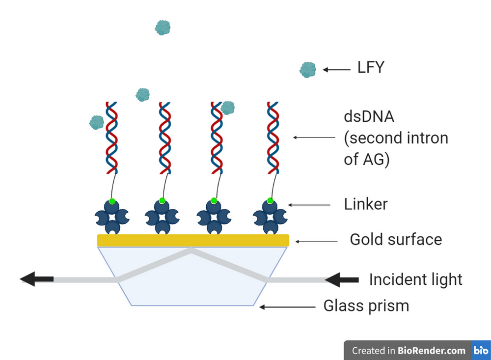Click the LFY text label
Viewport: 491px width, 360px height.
pyautogui.click(x=370, y=67)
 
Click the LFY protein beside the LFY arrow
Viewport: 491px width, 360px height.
pyautogui.click(x=308, y=70)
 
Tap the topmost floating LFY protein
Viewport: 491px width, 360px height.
pyautogui.click(x=163, y=28)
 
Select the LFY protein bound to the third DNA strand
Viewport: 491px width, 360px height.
pyautogui.click(x=227, y=108)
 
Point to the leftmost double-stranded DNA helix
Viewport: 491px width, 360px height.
pyautogui.click(x=112, y=138)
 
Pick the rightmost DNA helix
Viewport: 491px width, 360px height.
pyautogui.click(x=273, y=138)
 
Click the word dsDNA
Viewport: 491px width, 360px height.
pyautogui.click(x=369, y=118)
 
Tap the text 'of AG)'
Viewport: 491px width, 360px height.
pyautogui.click(x=366, y=160)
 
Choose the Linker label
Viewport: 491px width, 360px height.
pyautogui.click(x=365, y=204)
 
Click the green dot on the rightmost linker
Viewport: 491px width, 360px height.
pyautogui.click(x=270, y=200)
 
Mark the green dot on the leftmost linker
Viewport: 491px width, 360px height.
pyautogui.click(x=112, y=200)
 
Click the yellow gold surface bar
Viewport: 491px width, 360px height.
pyautogui.click(x=193, y=240)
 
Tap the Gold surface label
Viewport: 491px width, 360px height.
pyautogui.click(x=396, y=239)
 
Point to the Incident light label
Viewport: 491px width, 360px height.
pyautogui.click(x=415, y=279)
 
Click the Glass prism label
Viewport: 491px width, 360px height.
pyautogui.click(x=366, y=306)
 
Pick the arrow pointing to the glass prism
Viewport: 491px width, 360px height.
pyautogui.click(x=287, y=307)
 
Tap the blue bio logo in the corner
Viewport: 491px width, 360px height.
pyautogui.click(x=480, y=350)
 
